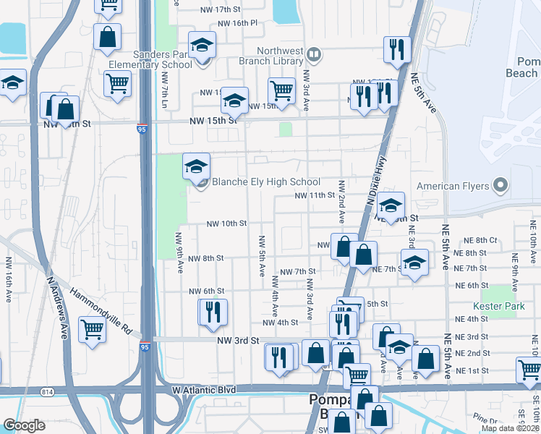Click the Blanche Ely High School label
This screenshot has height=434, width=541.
pyautogui.click(x=265, y=182)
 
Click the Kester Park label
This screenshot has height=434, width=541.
pyautogui.click(x=498, y=306)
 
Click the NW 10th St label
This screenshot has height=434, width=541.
pyautogui.click(x=226, y=224)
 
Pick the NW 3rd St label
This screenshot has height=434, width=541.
pyautogui.click(x=238, y=340)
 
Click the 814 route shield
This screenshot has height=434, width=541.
pyautogui.click(x=48, y=391)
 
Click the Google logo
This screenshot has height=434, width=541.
pyautogui.click(x=25, y=425)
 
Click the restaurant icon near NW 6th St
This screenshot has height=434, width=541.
pyautogui.click(x=213, y=312)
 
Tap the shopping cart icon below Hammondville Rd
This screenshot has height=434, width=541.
pyautogui.click(x=93, y=331)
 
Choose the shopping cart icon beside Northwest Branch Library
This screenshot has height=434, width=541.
pyautogui.click(x=281, y=92)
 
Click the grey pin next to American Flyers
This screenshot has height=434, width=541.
pyautogui.click(x=500, y=186)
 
